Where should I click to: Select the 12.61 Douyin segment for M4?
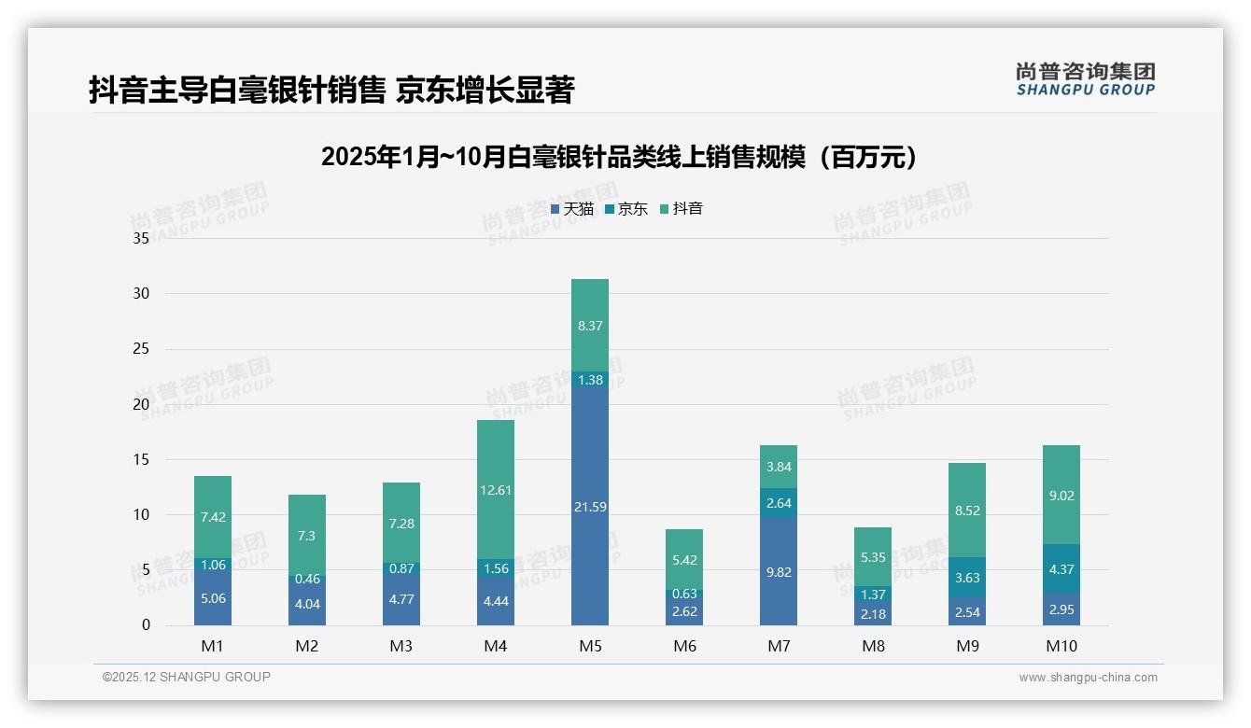point(495,490)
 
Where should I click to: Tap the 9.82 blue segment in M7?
point(778,571)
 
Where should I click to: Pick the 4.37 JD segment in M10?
point(1061,568)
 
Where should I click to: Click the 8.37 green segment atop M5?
point(589,326)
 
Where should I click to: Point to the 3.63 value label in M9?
point(967,578)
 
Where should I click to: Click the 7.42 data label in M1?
point(213,516)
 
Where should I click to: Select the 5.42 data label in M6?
point(684,560)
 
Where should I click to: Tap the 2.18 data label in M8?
point(872,613)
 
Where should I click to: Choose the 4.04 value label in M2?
point(307,604)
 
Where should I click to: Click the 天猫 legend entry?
point(571,209)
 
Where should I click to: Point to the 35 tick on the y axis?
point(141,238)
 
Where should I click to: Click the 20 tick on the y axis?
point(141,404)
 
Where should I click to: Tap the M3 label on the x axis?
point(401,646)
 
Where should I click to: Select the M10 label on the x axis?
point(1061,646)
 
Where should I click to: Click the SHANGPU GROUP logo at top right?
point(1085,79)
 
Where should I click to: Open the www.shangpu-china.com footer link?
point(1088,678)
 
